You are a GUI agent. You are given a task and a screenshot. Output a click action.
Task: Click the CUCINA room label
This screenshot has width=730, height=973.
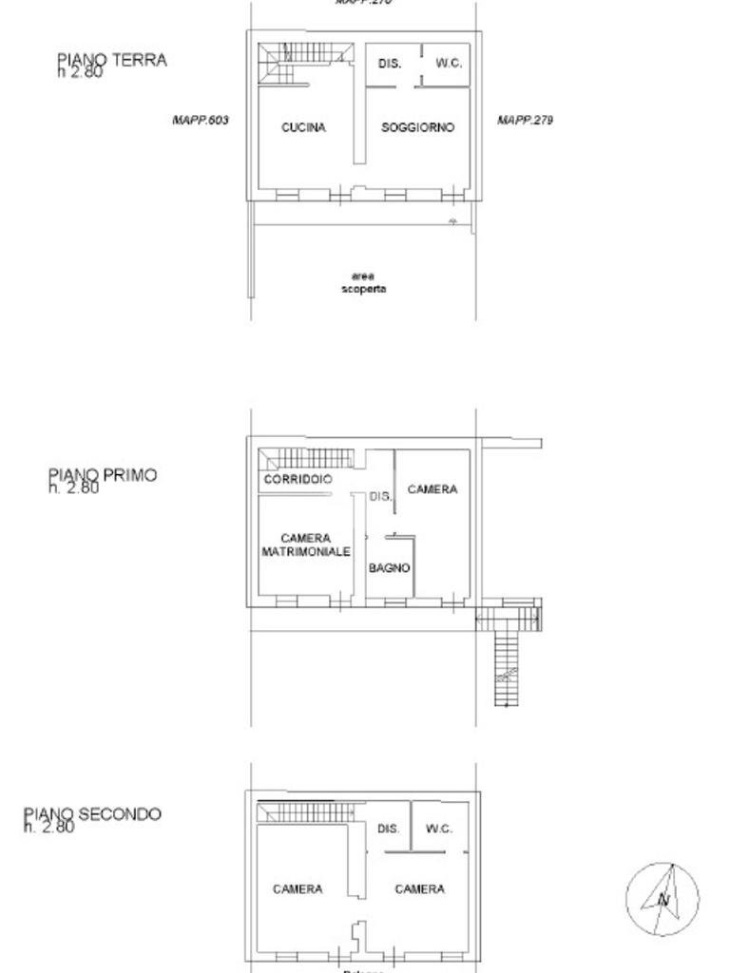[303, 127]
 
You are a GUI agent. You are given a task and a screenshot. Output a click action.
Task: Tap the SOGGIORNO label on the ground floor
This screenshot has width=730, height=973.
[417, 127]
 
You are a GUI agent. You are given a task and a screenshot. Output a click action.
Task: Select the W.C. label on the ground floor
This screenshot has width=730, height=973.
[449, 64]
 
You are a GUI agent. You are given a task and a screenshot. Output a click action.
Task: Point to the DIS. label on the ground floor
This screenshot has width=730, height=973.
[390, 64]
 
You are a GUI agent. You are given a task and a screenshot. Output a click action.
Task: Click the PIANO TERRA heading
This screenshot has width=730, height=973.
[111, 61]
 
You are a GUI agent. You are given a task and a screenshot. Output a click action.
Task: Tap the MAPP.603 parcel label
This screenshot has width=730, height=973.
[201, 121]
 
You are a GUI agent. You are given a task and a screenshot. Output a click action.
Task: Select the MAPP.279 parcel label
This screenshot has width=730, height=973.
[525, 121]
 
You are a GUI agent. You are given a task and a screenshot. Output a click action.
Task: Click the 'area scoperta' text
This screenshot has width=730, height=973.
[364, 282]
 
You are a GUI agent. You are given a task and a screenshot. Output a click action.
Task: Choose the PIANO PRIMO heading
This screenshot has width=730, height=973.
[103, 475]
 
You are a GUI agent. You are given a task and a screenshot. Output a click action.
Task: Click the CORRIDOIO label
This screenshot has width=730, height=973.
[298, 480]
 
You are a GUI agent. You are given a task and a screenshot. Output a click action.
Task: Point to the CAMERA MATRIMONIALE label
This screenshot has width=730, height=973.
[305, 544]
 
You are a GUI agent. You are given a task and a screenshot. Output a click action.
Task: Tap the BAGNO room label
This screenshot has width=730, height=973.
[390, 568]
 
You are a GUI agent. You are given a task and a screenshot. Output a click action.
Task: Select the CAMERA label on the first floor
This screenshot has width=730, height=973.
[432, 489]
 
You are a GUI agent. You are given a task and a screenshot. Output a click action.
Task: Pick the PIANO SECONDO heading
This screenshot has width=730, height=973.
[92, 814]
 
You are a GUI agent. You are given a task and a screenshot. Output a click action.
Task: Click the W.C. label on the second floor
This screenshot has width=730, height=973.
[438, 829]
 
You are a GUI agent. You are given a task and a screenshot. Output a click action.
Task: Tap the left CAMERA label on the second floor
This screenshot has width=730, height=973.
[298, 889]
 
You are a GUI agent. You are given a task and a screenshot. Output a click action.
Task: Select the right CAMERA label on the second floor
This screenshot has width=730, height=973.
[419, 889]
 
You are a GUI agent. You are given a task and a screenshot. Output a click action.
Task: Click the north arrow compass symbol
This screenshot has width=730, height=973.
[663, 898]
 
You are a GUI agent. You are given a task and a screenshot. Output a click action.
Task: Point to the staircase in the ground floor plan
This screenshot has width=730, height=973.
[304, 59]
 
